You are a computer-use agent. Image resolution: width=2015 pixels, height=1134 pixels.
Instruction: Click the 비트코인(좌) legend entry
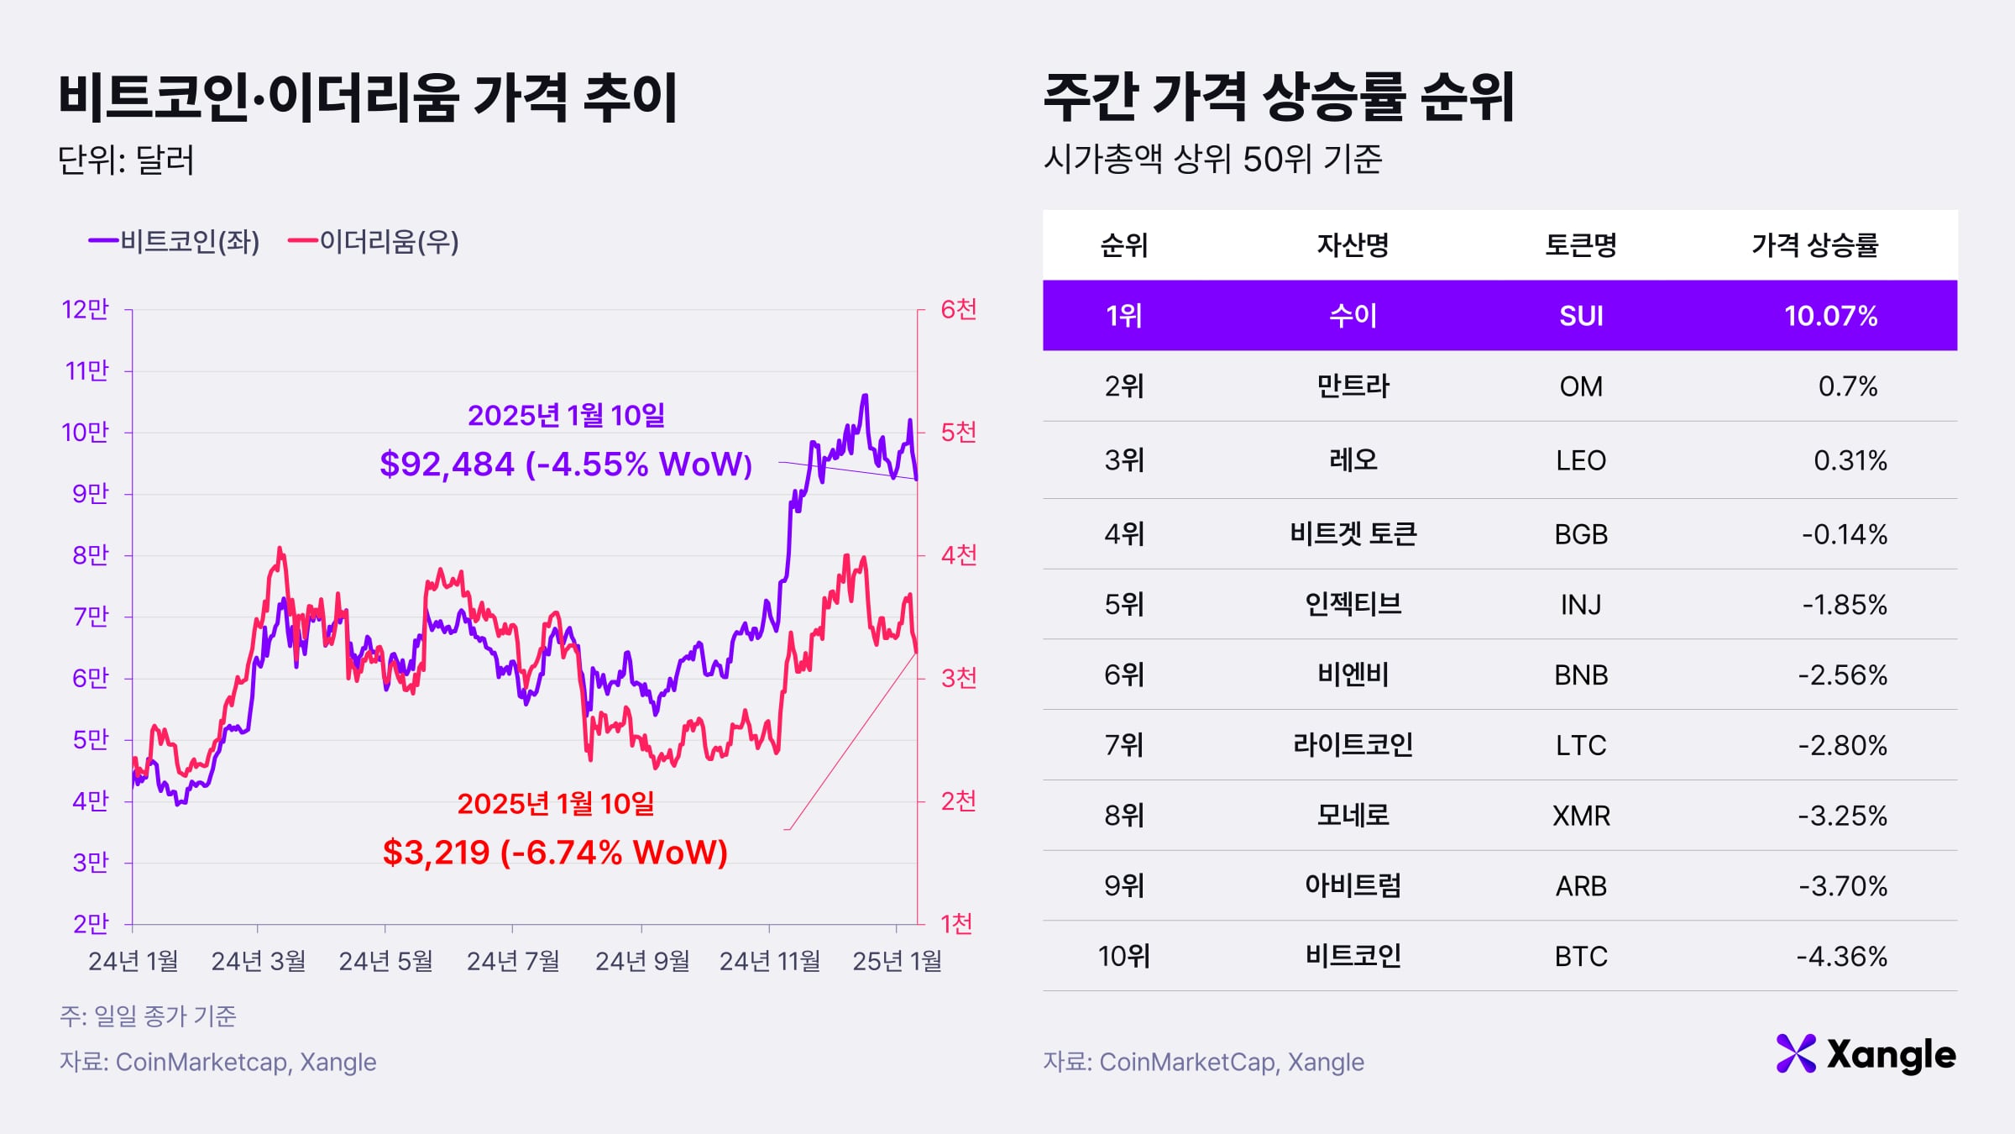point(175,242)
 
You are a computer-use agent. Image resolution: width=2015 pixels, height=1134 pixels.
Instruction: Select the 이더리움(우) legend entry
point(374,242)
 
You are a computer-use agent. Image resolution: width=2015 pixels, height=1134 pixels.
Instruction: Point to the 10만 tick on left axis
point(86,433)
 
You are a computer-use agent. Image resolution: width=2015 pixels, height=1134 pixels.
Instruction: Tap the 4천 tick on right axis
point(958,555)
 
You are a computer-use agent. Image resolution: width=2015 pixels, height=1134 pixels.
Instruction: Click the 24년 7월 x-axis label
point(513,961)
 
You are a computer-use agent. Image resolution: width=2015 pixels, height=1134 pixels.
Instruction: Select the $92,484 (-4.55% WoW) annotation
point(566,464)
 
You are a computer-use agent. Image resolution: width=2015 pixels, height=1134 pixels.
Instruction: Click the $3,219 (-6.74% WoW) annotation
point(555,853)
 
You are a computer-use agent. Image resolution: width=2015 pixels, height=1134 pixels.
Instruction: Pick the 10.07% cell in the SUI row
point(1830,316)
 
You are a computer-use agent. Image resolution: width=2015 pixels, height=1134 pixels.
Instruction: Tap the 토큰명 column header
point(1581,245)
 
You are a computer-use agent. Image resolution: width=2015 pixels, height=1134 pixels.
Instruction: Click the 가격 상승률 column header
point(1814,245)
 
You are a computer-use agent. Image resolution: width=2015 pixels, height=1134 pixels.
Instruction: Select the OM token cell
point(1581,386)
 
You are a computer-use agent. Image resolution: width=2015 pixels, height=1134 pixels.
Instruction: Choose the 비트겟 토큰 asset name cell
point(1353,534)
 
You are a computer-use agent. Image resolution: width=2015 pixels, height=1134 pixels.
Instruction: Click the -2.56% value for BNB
point(1842,675)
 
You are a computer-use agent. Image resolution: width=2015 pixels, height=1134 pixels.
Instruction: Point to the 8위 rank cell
point(1123,816)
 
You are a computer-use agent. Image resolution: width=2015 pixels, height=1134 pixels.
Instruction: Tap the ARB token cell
point(1581,886)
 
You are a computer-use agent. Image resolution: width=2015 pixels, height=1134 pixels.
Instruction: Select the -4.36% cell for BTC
point(1841,957)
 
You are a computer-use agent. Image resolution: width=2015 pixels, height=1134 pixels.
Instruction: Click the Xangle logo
point(1866,1055)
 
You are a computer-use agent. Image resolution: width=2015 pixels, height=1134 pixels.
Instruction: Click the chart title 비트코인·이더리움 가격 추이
point(368,98)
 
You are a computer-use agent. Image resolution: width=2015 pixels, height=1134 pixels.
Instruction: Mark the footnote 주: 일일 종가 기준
point(148,1016)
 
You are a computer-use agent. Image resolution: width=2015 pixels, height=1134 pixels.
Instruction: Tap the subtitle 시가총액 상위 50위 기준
point(1212,159)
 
